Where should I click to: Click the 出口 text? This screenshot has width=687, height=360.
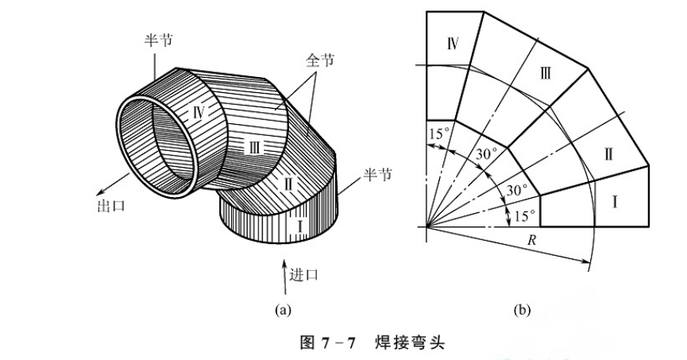tap(106, 206)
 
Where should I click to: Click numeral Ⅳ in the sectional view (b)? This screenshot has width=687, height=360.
tap(453, 43)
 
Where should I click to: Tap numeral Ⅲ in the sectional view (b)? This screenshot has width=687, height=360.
tap(545, 74)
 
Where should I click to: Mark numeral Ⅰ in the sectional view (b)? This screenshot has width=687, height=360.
tap(615, 203)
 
